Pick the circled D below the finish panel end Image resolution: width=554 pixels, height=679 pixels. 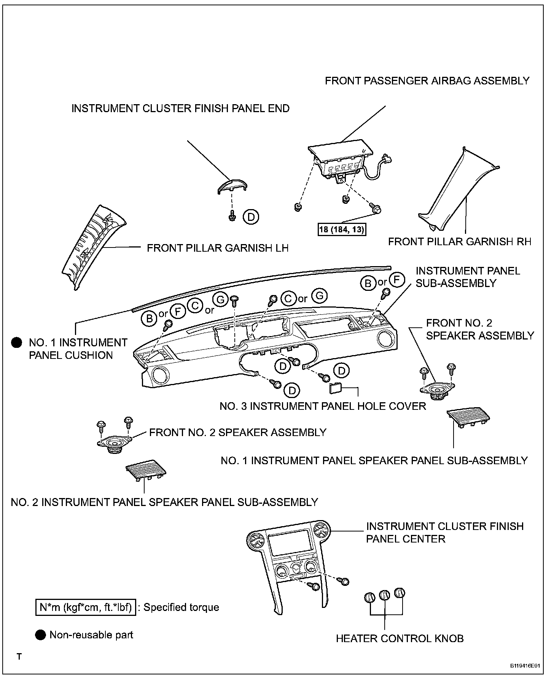coord(251,217)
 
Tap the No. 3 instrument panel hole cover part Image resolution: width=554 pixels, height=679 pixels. coord(335,389)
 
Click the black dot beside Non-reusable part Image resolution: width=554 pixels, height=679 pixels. coord(40,635)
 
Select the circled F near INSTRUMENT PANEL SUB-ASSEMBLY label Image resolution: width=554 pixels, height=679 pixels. coord(396,280)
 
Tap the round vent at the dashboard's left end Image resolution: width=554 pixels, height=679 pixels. coord(158,375)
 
